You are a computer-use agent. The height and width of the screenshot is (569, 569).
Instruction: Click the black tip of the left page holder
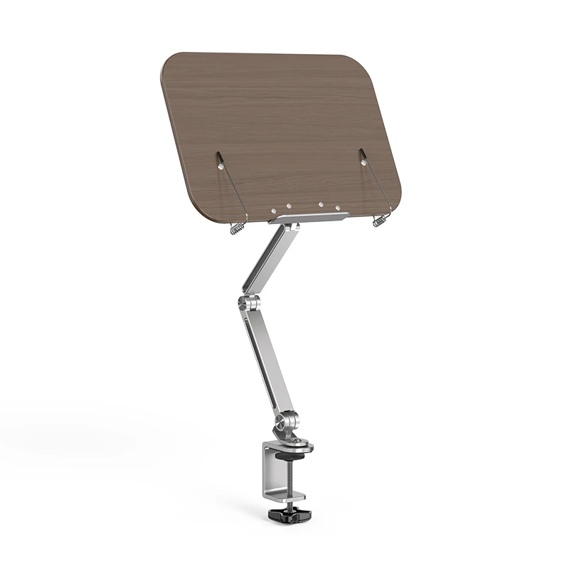219,156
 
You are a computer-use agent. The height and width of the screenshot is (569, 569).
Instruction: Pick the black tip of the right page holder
361,151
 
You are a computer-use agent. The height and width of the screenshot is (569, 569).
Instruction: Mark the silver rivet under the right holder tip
364,164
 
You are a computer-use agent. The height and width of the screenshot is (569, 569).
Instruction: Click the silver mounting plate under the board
309,216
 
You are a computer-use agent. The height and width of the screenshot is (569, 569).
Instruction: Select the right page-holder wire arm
376,184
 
